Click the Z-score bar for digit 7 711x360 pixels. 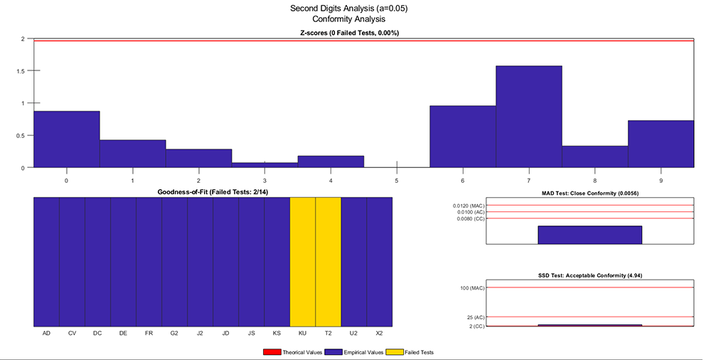(x=529, y=117)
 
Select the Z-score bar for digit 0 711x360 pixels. (x=66, y=139)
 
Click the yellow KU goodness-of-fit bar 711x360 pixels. (x=302, y=261)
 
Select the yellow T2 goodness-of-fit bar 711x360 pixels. (x=328, y=261)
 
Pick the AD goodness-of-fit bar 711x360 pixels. (x=46, y=261)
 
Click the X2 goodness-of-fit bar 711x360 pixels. (x=379, y=261)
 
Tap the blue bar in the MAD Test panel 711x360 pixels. (x=589, y=235)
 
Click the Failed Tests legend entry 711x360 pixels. (x=411, y=352)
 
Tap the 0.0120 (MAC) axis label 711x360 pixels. (x=467, y=206)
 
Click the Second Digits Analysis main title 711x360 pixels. (x=349, y=9)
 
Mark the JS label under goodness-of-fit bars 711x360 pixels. (x=251, y=333)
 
